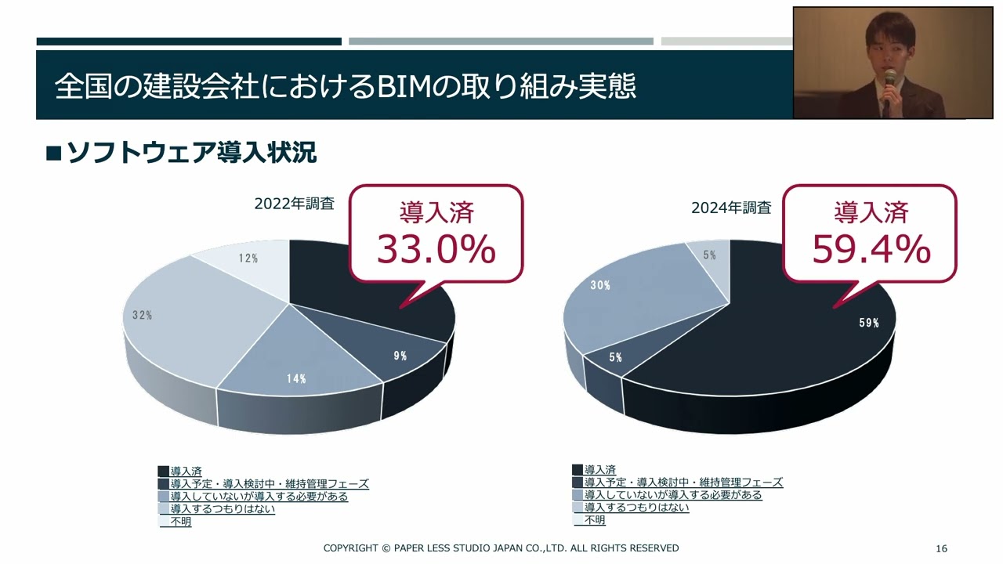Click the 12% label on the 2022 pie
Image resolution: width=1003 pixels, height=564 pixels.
[248, 258]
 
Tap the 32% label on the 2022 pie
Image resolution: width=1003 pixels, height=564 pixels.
[142, 315]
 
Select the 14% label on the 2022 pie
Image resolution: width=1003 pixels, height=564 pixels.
[295, 379]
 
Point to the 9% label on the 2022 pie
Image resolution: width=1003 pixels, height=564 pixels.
[400, 356]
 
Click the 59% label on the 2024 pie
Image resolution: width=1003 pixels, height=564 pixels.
[869, 323]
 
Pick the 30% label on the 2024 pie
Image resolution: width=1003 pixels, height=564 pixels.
[600, 286]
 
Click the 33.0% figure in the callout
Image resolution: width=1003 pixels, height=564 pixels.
[436, 249]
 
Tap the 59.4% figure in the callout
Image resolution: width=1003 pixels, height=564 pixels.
[871, 249]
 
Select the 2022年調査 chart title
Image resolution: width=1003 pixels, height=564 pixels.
[294, 204]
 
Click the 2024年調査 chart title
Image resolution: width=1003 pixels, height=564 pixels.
[730, 208]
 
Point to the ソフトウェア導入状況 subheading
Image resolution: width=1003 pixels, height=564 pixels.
[191, 153]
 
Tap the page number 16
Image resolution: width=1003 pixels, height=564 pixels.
[942, 548]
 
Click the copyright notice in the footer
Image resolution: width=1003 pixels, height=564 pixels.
[501, 548]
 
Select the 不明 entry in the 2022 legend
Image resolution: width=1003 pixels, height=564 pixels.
[181, 522]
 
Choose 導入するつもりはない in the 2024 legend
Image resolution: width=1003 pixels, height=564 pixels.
[636, 508]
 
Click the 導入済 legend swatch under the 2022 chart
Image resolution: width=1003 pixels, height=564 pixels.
[164, 471]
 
